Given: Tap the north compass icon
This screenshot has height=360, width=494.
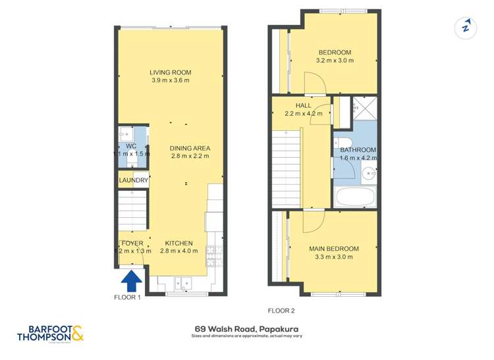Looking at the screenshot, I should [466, 28].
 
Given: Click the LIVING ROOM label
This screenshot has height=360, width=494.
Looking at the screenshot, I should [170, 72].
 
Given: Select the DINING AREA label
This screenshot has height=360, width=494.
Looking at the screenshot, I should [190, 148].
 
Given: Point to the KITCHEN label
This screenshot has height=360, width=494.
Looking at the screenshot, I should [178, 243].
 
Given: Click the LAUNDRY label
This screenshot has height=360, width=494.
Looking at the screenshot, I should [133, 180].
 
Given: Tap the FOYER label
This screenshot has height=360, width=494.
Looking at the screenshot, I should [132, 243].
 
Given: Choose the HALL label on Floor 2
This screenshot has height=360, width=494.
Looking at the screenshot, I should [303, 105].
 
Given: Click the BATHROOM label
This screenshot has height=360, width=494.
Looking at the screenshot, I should [358, 150].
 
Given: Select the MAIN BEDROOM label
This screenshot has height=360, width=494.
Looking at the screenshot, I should [334, 249].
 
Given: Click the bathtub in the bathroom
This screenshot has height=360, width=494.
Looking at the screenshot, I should [355, 197].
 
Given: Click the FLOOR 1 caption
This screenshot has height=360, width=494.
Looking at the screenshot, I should [128, 297].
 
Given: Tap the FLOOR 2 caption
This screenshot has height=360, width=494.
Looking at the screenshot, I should [281, 310].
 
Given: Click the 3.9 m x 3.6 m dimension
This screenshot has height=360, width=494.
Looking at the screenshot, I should [170, 81].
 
